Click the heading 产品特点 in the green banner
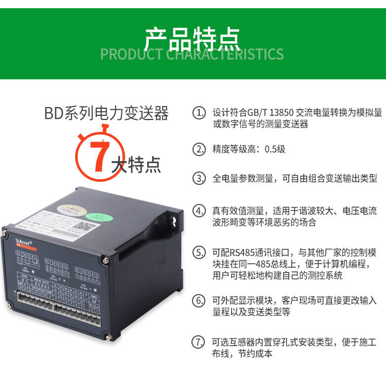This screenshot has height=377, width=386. pyautogui.click(x=192, y=37)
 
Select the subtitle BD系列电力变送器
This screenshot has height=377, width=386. pyautogui.click(x=106, y=113)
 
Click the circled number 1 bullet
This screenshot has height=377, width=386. pyautogui.click(x=199, y=113)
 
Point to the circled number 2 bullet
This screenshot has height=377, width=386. pyautogui.click(x=199, y=150)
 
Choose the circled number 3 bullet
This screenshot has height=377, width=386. pyautogui.click(x=199, y=179)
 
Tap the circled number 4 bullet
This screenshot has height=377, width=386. pyautogui.click(x=199, y=211)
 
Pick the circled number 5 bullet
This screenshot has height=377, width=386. pyautogui.click(x=199, y=253)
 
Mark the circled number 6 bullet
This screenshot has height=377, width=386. pyautogui.click(x=199, y=300)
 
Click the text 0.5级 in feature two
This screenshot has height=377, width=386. pyautogui.click(x=275, y=150)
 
